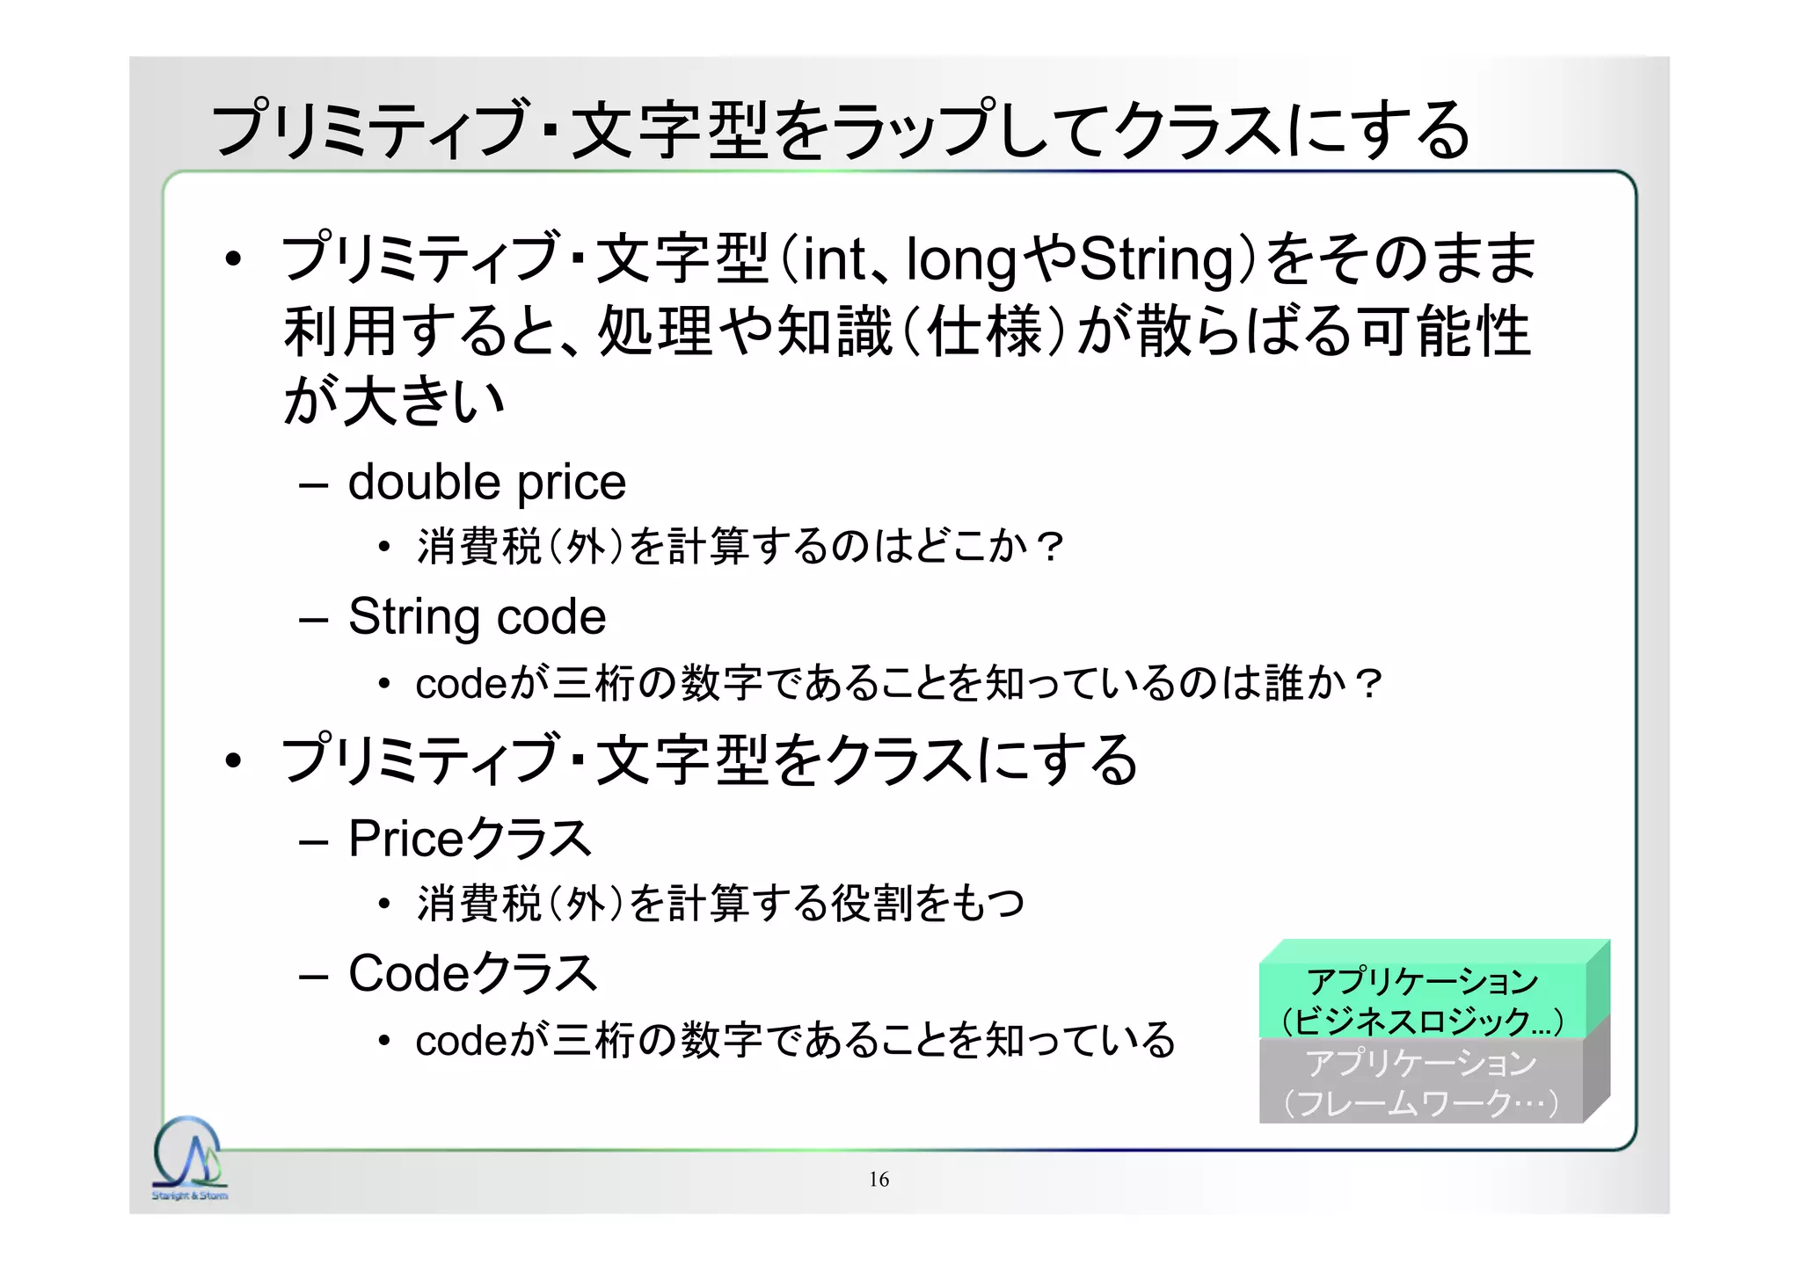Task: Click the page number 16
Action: click(879, 1180)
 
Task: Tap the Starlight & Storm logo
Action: click(189, 1159)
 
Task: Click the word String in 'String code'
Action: click(415, 617)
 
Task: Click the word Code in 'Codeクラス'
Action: click(407, 973)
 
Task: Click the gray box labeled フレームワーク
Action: click(1421, 1082)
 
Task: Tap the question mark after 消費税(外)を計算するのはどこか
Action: click(1048, 547)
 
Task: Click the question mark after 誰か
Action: click(1368, 683)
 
